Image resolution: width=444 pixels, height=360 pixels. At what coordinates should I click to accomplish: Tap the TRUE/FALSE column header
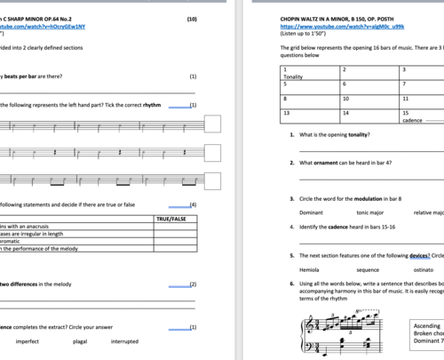170,218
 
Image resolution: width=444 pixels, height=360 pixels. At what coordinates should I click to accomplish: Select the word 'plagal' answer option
81,340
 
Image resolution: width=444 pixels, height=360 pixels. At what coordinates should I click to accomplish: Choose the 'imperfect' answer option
28,340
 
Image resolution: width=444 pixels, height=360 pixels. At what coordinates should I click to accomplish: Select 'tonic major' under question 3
375,212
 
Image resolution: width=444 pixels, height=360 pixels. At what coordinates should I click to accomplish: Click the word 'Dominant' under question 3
312,212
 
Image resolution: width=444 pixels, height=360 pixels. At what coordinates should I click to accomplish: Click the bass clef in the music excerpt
309,354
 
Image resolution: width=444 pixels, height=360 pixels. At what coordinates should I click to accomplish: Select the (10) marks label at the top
191,19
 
